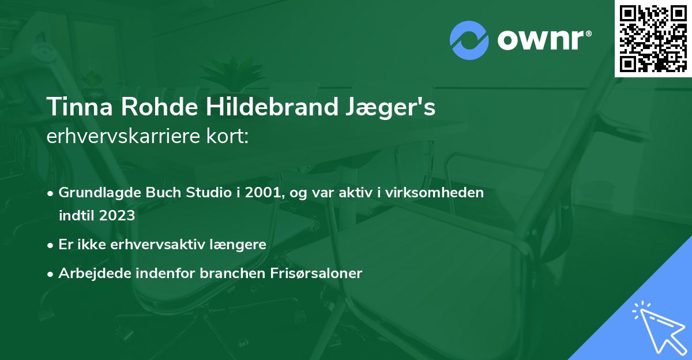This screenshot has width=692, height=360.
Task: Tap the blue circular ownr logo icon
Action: [469, 40]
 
